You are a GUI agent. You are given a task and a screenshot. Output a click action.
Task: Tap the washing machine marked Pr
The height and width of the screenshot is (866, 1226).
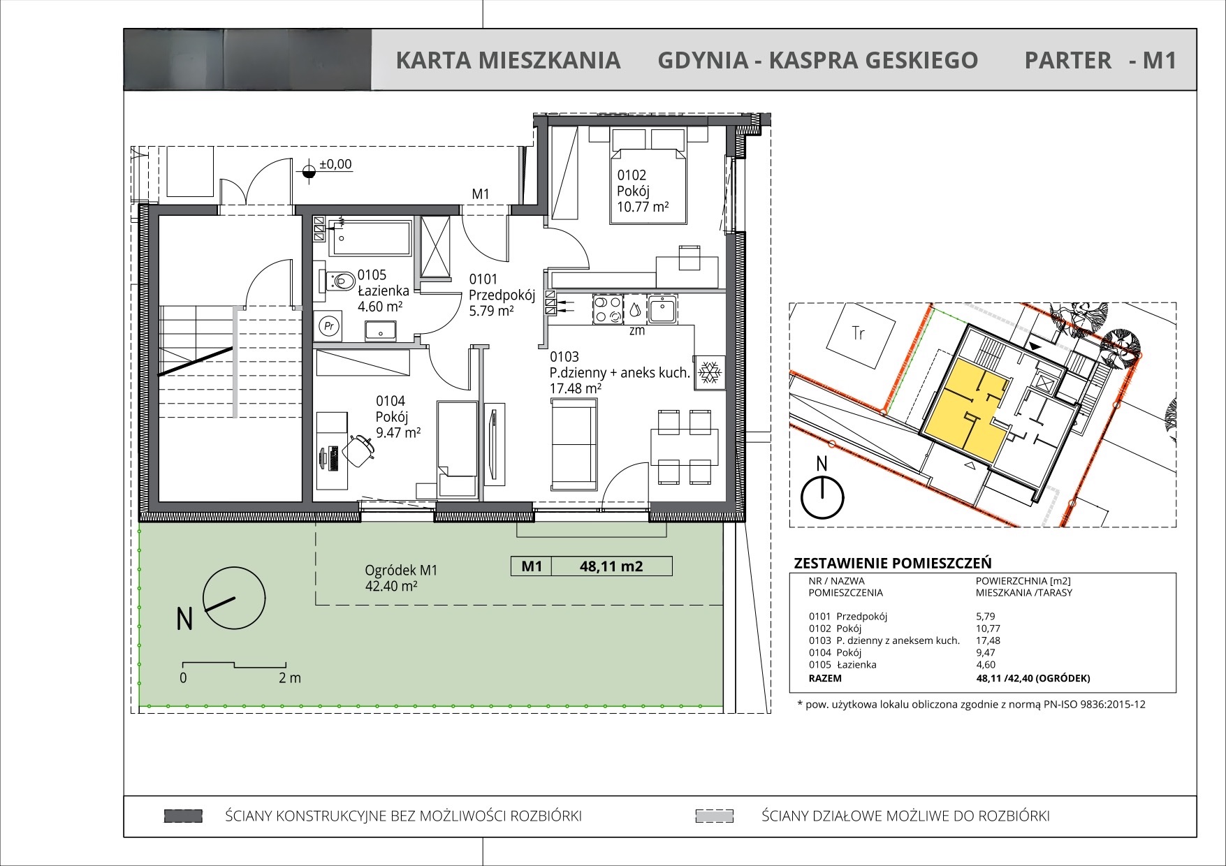tap(328, 326)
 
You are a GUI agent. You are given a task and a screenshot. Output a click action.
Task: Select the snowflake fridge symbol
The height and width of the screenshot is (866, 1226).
tap(710, 372)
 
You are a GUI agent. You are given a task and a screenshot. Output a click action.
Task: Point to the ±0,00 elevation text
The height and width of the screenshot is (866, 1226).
tap(335, 165)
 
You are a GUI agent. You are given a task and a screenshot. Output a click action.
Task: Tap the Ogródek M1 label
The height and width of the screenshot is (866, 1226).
tap(401, 570)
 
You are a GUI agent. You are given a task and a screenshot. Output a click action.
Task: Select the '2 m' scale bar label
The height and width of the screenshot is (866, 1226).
tap(289, 677)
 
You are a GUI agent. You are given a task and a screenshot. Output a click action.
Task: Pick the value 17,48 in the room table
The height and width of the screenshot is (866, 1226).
tap(988, 640)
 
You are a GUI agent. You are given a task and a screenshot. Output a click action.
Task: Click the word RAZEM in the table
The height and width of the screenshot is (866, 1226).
tap(825, 678)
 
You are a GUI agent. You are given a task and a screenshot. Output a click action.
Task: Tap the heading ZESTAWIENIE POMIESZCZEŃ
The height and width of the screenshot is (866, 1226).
tap(893, 563)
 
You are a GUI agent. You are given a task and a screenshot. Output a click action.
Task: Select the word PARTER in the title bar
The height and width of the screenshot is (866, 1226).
tap(1067, 61)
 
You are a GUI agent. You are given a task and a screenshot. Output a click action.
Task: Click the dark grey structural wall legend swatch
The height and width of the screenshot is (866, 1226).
tap(183, 816)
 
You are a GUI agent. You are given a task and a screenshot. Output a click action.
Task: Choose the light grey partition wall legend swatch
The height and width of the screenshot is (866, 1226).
tap(714, 816)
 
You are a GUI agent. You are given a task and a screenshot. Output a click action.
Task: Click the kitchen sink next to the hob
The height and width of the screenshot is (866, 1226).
tap(661, 309)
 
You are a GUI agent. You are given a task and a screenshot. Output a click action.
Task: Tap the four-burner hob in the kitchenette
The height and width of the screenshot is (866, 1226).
tap(607, 309)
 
